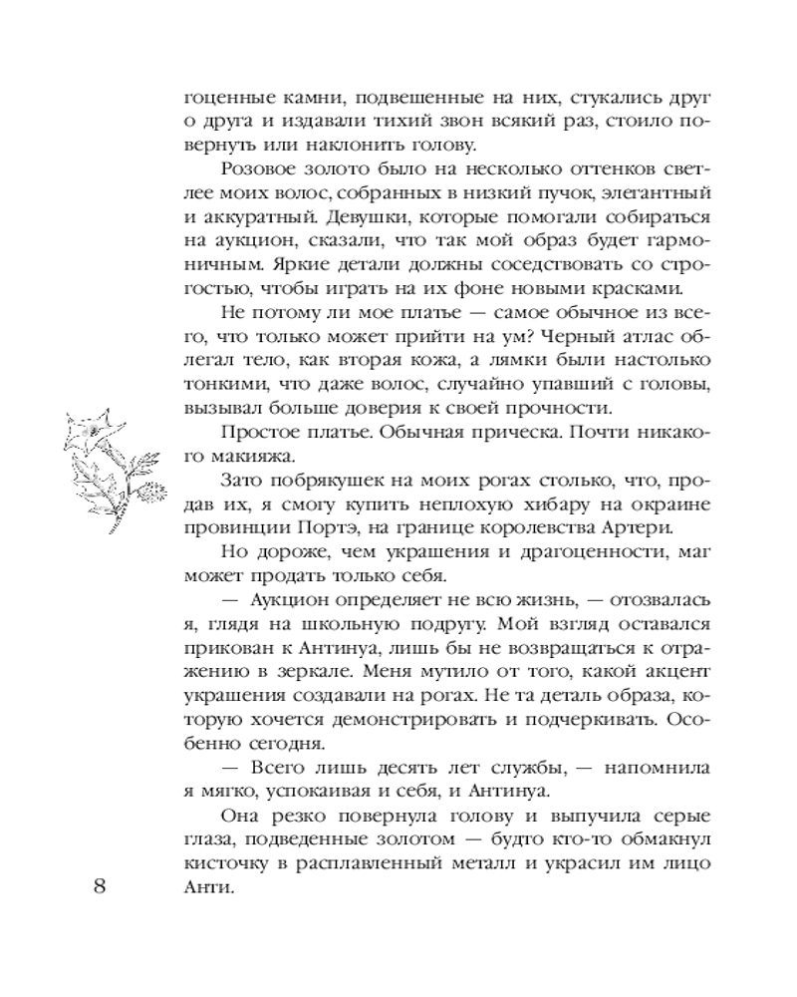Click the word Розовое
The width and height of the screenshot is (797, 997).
pyautogui.click(x=260, y=166)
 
